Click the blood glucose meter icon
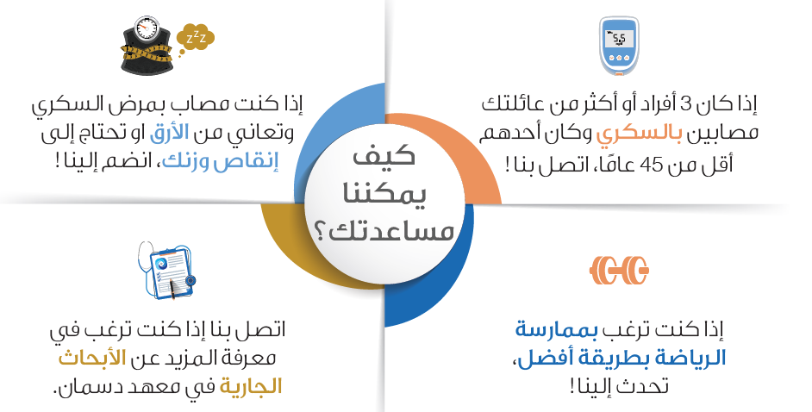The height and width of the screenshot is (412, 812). pos(619,46)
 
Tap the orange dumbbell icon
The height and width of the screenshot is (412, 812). pos(620,270)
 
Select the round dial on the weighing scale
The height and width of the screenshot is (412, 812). pos(146,28)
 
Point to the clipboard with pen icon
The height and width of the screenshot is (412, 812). pos(167,270)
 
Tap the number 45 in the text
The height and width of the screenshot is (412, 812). pos(652,165)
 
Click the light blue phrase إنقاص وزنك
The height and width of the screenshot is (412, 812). pos(221,161)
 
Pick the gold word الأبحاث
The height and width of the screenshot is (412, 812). pos(92,359)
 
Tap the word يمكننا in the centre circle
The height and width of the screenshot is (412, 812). pos(384,194)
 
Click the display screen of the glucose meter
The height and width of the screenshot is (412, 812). pos(619,39)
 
